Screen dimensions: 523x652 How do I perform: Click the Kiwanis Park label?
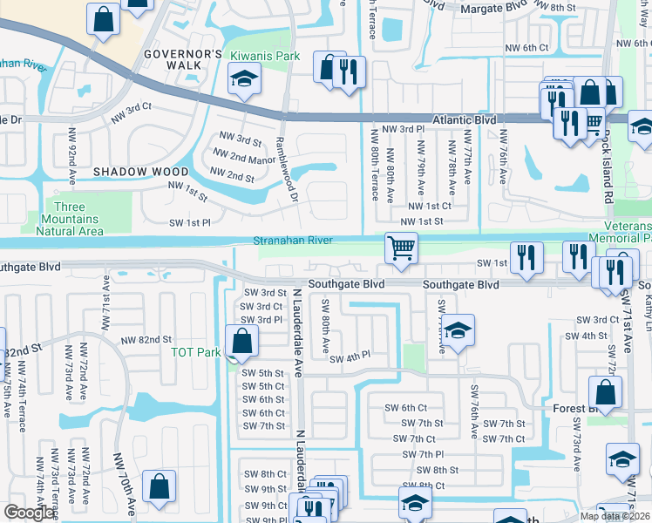click(264, 56)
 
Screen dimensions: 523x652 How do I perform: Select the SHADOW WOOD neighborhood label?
click(140, 172)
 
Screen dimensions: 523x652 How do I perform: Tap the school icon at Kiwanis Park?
click(244, 80)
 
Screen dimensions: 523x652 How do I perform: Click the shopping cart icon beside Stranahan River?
click(401, 248)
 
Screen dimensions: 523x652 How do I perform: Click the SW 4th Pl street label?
click(350, 357)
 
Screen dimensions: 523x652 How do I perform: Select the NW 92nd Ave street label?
click(71, 154)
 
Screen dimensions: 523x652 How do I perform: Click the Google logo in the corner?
click(30, 513)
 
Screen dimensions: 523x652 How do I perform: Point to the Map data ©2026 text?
click(614, 516)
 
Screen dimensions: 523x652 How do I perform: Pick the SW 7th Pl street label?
click(420, 454)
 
